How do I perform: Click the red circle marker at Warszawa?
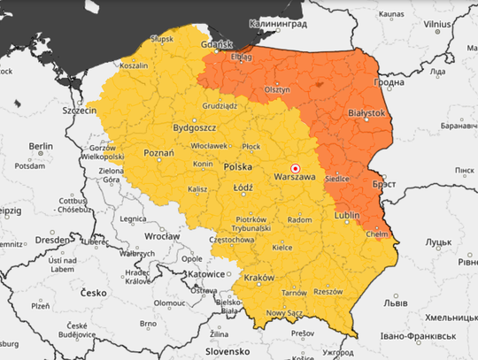pos(296,168)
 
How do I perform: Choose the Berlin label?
pos(41,146)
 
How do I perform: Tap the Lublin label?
pos(348,215)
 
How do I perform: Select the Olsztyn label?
pos(277,89)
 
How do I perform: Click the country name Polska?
pos(238,166)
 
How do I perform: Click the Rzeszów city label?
pos(328,291)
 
